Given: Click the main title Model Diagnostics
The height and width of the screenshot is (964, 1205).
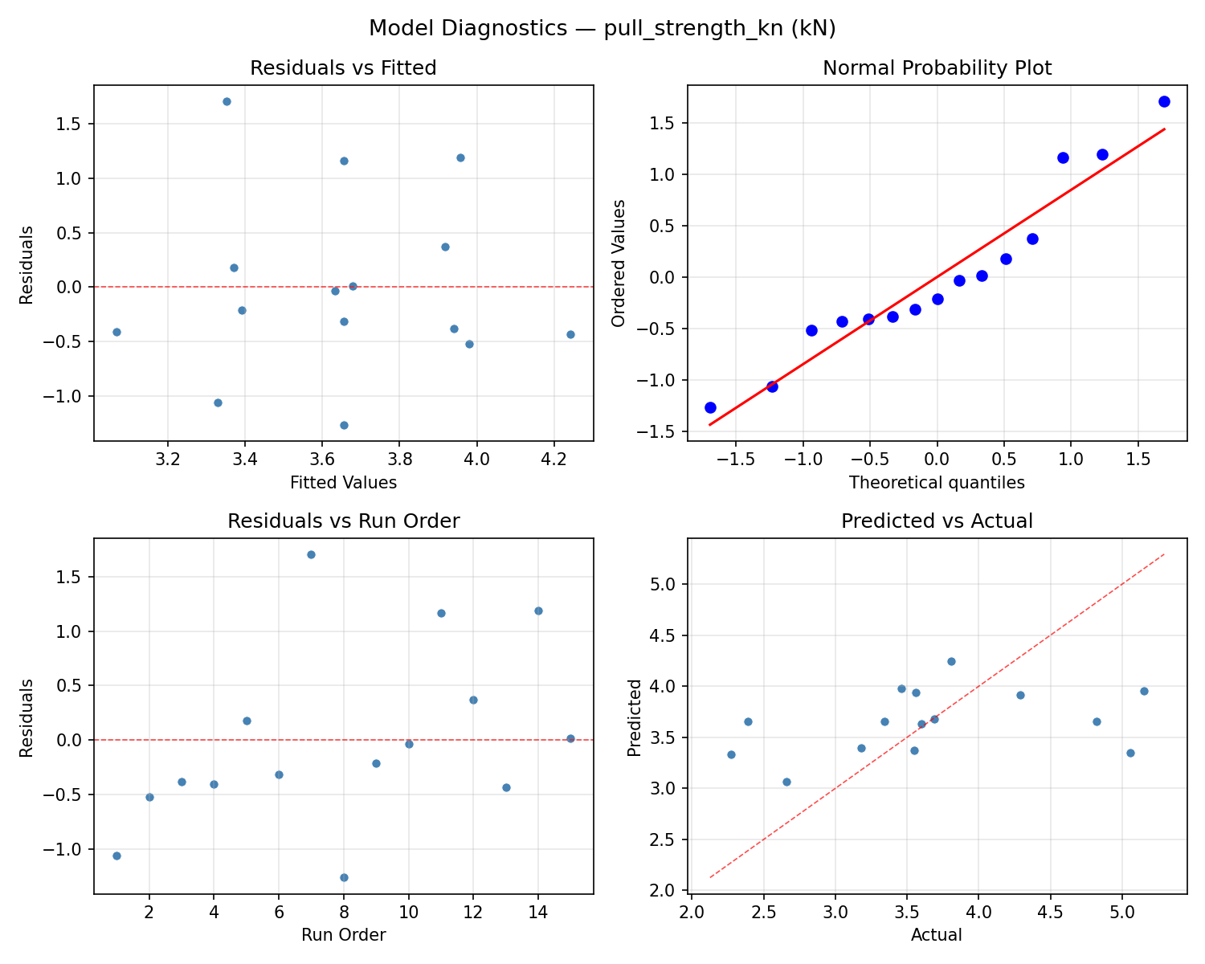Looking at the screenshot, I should pos(602,28).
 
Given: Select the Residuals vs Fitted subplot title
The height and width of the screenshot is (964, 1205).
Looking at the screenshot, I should pos(343,68).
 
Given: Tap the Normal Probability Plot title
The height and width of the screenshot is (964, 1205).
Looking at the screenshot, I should pos(937,68).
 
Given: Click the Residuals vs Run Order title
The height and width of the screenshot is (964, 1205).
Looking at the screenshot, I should pos(343,521).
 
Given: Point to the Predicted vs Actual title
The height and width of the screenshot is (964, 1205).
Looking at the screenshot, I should pos(937,521).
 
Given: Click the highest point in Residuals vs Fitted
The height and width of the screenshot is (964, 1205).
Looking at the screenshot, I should pos(227,101).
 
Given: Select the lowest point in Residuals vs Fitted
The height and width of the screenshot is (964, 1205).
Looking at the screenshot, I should pos(344,425).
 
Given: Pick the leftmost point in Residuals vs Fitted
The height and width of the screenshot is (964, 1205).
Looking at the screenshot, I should pos(116,332).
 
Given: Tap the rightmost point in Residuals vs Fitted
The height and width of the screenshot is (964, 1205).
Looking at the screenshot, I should pos(570,334).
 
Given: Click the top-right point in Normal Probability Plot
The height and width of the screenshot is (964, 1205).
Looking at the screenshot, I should pos(1164,101).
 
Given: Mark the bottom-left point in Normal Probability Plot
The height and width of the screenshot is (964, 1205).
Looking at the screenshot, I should pos(710,407).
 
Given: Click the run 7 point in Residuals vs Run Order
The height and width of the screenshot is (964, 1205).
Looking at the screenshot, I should pos(311,554).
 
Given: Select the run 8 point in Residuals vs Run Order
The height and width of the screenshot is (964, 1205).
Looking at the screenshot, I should pos(344,877).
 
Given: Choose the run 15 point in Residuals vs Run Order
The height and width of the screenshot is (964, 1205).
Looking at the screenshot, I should pos(570,738).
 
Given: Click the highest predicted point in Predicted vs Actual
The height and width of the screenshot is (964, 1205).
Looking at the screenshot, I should pos(951,661).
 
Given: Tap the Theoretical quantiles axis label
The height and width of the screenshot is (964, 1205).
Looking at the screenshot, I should pos(937,483).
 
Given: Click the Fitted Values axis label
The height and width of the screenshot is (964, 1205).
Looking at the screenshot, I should pos(343,483).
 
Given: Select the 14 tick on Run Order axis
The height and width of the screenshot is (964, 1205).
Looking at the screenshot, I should pos(538,913).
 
